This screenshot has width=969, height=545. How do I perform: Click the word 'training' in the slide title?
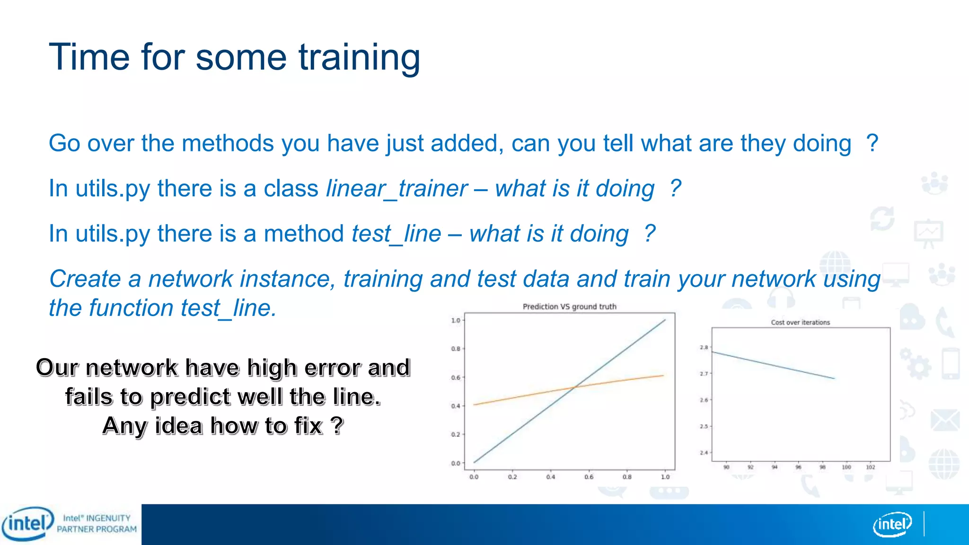359,58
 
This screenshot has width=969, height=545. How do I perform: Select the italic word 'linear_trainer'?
396,189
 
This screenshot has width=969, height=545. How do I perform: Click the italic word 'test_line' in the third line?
396,234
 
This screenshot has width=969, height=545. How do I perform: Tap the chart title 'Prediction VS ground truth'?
569,307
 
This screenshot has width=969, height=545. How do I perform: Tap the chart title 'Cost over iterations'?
800,323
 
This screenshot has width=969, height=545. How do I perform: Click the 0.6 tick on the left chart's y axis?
455,378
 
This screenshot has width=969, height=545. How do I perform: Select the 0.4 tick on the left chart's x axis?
550,477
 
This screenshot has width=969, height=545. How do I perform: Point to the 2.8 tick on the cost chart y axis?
704,348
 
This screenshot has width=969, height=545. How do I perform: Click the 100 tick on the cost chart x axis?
846,467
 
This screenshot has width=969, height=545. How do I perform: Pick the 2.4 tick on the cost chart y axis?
704,453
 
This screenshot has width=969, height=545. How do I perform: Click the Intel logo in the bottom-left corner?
27,524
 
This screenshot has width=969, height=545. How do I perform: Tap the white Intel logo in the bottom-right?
892,524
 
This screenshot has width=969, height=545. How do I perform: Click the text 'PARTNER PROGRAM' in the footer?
97,529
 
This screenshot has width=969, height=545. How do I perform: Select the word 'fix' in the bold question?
308,425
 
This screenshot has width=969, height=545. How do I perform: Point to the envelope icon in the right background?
944,420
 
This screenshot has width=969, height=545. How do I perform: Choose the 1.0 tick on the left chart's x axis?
665,477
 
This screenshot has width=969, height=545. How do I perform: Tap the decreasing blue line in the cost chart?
774,365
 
